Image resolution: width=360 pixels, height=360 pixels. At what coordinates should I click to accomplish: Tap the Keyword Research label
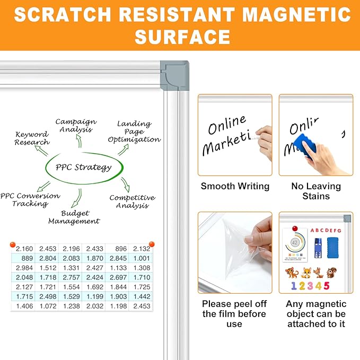32,138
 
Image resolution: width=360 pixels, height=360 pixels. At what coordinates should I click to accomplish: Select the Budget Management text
74,217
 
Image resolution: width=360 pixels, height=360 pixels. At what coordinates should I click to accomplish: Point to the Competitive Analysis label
132,201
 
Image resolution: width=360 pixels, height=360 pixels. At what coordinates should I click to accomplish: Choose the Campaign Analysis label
76,126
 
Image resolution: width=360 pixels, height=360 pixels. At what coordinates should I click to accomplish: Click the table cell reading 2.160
24,248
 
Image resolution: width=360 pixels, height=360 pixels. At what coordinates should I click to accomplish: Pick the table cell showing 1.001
142,258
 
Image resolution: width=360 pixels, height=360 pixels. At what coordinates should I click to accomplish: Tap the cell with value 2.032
95,306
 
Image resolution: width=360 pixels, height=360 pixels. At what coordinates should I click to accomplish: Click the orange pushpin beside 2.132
152,244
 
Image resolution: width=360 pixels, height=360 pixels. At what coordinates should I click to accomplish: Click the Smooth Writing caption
235,186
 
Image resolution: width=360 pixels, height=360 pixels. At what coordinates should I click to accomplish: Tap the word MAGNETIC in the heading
299,14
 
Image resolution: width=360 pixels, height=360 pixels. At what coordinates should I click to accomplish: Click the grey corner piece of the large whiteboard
175,72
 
